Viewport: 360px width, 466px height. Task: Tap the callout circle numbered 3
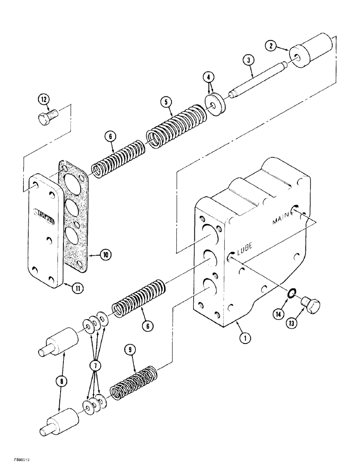(x=249, y=60)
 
